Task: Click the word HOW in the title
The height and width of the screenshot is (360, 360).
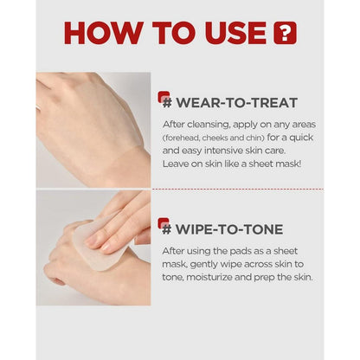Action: click(103, 32)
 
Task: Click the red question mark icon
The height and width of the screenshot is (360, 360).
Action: click(285, 33)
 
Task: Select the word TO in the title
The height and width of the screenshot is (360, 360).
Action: click(174, 33)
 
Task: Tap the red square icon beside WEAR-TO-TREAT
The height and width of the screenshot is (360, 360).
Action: click(164, 97)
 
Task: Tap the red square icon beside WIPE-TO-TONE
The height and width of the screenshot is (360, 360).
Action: click(164, 223)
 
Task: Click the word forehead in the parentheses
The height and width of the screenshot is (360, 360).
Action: click(182, 138)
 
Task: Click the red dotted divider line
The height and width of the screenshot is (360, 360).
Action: click(238, 190)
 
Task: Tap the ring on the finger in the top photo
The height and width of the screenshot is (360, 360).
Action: click(38, 107)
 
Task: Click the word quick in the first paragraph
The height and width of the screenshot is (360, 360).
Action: click(301, 138)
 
